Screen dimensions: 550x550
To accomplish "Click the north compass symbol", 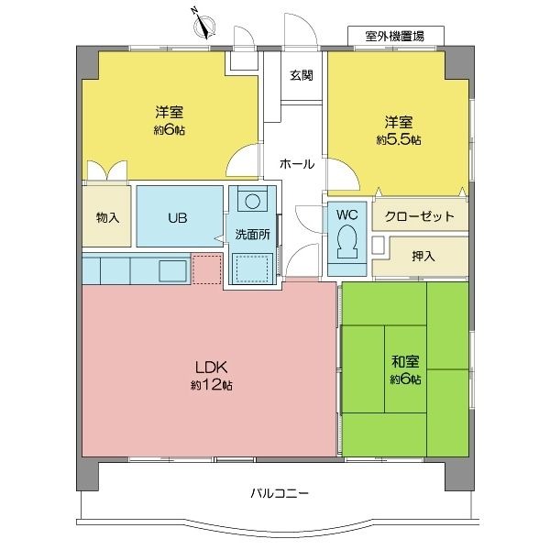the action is (x=204, y=27).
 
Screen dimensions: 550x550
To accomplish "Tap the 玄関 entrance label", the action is (x=302, y=75).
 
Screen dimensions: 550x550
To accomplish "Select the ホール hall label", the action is (x=297, y=164).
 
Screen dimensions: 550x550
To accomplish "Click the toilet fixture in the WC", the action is (x=346, y=242).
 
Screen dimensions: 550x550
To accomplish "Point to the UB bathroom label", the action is (x=178, y=218).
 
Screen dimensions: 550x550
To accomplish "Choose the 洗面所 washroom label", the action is (x=252, y=235).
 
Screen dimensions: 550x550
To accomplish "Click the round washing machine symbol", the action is (x=253, y=202).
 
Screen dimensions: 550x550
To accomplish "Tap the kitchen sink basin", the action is (x=172, y=270).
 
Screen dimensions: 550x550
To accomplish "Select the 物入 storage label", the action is (x=107, y=218).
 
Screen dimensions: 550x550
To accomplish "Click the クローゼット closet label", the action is (x=420, y=216).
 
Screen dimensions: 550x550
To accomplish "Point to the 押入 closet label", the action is (x=423, y=256).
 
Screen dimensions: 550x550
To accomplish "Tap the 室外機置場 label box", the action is (x=396, y=36).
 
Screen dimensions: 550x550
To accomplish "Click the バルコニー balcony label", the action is (x=280, y=493).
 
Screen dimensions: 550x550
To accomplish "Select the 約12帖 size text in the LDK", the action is (x=211, y=385).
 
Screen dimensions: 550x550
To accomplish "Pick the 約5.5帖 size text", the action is (x=399, y=140).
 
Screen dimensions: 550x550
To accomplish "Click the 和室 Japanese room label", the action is (x=405, y=361).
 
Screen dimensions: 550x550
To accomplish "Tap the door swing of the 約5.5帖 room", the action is (x=343, y=174).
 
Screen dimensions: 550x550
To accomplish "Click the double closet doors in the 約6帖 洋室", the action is (x=107, y=170).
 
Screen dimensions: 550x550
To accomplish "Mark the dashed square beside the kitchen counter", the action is (x=207, y=269).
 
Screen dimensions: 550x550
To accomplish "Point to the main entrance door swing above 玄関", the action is (x=301, y=31).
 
